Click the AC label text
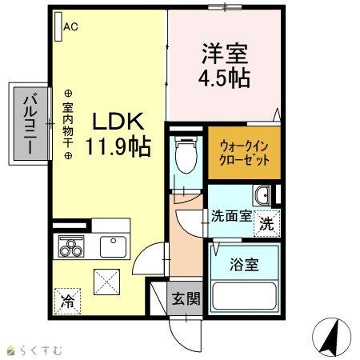click(x=70, y=26)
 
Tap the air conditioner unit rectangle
click(x=58, y=26)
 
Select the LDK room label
click(x=118, y=122)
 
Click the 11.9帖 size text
click(x=118, y=146)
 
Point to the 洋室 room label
click(x=225, y=54)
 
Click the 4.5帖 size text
click(x=224, y=78)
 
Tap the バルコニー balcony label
click(x=30, y=124)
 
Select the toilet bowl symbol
click(x=186, y=155)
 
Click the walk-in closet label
click(x=244, y=154)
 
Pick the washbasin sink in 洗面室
click(x=262, y=195)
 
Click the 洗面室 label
click(x=231, y=216)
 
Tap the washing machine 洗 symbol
click(x=266, y=223)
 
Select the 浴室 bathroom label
click(x=244, y=264)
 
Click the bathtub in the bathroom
click(x=244, y=296)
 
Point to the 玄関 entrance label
click(x=186, y=298)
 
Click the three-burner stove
click(x=71, y=247)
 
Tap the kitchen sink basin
click(x=113, y=247)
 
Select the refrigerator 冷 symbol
click(x=67, y=302)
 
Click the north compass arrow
click(x=330, y=337)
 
